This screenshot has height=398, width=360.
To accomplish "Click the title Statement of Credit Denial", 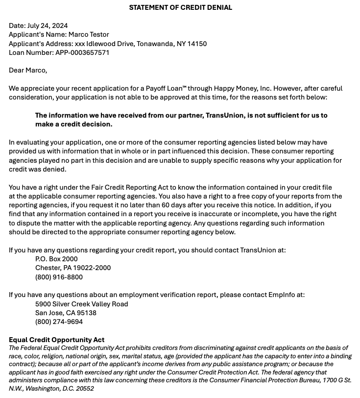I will pos(180,7).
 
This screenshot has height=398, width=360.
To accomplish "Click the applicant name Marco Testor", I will pos(89,34).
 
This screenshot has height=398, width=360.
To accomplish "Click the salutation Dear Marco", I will pos(28,70).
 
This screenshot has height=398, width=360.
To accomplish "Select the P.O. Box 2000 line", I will pos(56,259).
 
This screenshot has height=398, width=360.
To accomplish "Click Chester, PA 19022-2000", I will pos(73,268).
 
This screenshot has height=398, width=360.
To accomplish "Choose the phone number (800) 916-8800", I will pos(59,277).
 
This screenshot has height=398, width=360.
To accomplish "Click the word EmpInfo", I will pos(282,295).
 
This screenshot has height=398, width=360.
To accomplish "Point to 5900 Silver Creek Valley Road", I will pos(81,304).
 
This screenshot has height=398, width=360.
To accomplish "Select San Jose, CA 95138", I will pos(66,313).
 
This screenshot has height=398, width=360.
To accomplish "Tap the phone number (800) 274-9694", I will pos(59,322).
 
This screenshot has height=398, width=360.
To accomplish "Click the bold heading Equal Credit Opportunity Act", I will pos(56,340).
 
